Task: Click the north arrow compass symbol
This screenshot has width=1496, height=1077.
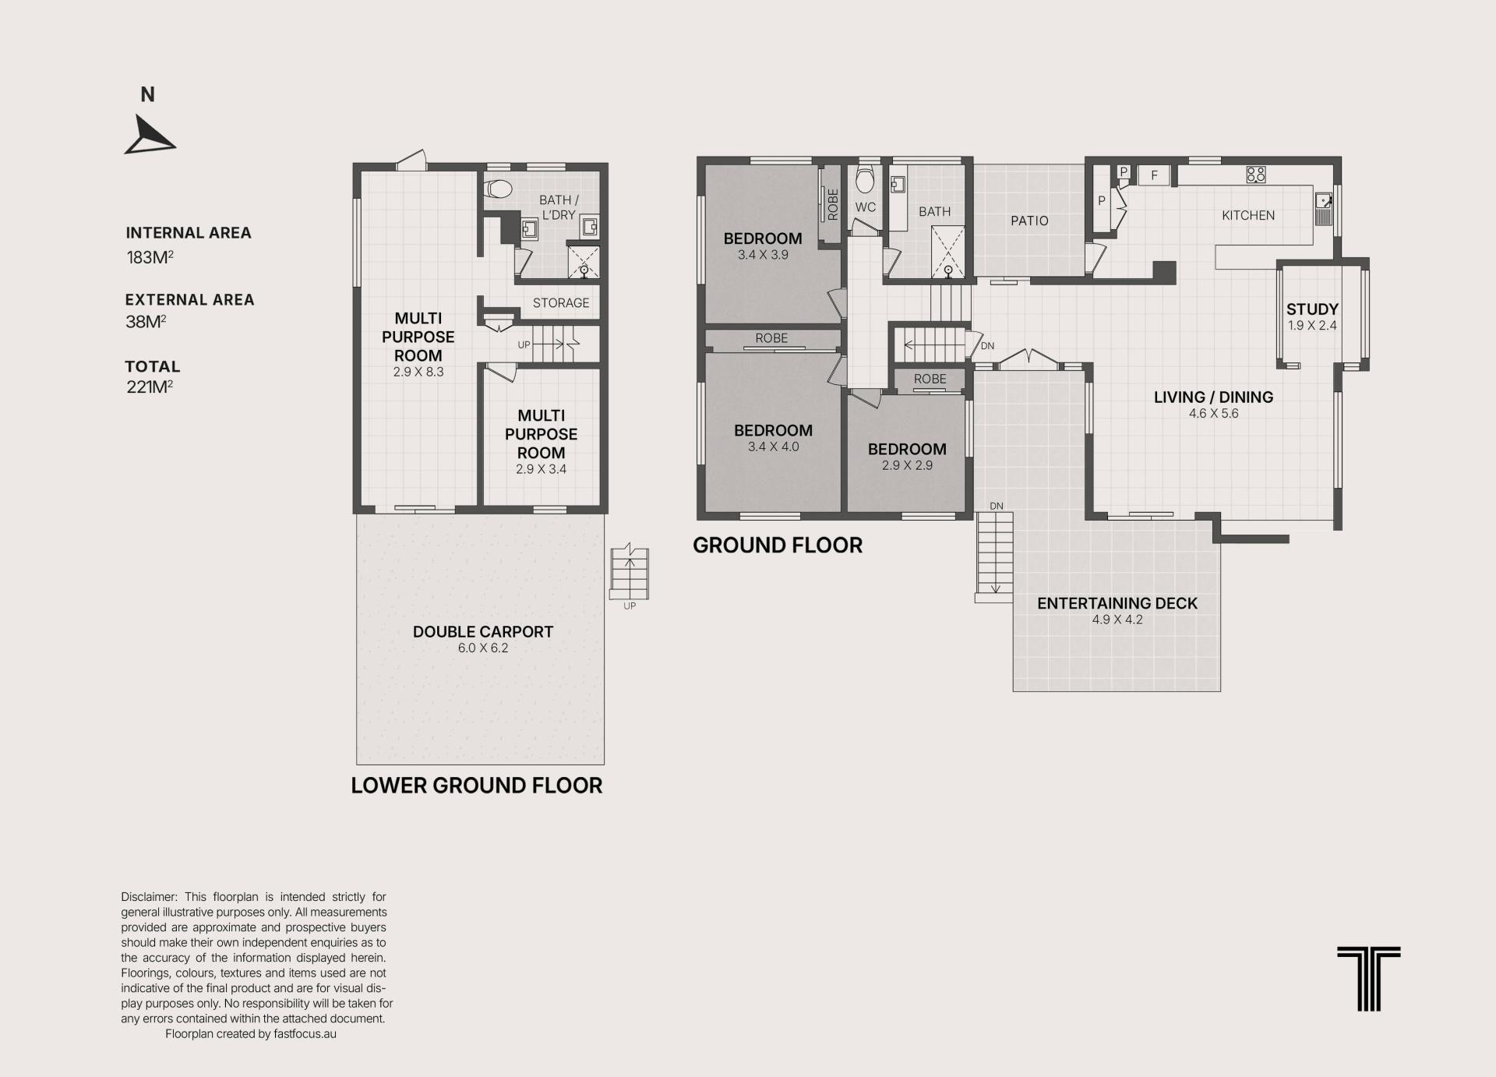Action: [148, 136]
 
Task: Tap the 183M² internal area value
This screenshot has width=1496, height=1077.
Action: [150, 257]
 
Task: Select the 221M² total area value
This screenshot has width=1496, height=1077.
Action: [150, 387]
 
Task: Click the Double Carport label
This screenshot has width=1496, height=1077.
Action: [483, 632]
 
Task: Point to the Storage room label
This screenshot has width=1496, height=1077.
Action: [561, 303]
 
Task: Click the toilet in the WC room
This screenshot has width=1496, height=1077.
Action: [865, 179]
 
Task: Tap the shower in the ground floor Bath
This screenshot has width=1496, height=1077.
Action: [948, 252]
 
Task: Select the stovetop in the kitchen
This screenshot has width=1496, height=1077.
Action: [1256, 175]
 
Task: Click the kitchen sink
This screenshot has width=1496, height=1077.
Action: [1323, 208]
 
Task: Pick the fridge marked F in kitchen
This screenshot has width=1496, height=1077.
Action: [1154, 175]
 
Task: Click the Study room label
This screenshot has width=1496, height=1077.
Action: [1312, 309]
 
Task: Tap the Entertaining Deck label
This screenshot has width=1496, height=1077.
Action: [1117, 603]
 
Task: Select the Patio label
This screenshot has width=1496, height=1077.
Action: [1029, 221]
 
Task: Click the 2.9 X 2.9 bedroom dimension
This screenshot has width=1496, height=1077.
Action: [907, 466]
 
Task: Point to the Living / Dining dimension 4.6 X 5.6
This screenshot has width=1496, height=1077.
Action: [1213, 414]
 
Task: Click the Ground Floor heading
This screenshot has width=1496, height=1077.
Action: [778, 546]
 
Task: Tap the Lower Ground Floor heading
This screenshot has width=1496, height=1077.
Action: [477, 786]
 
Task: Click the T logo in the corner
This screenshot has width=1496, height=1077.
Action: [1369, 979]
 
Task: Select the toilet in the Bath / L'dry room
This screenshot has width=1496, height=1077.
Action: [498, 189]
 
